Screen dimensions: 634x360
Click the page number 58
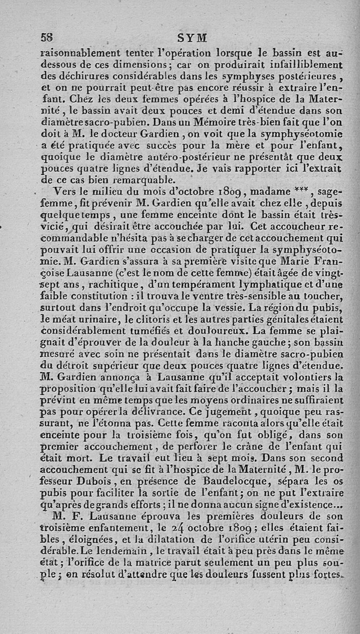pos(47,37)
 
